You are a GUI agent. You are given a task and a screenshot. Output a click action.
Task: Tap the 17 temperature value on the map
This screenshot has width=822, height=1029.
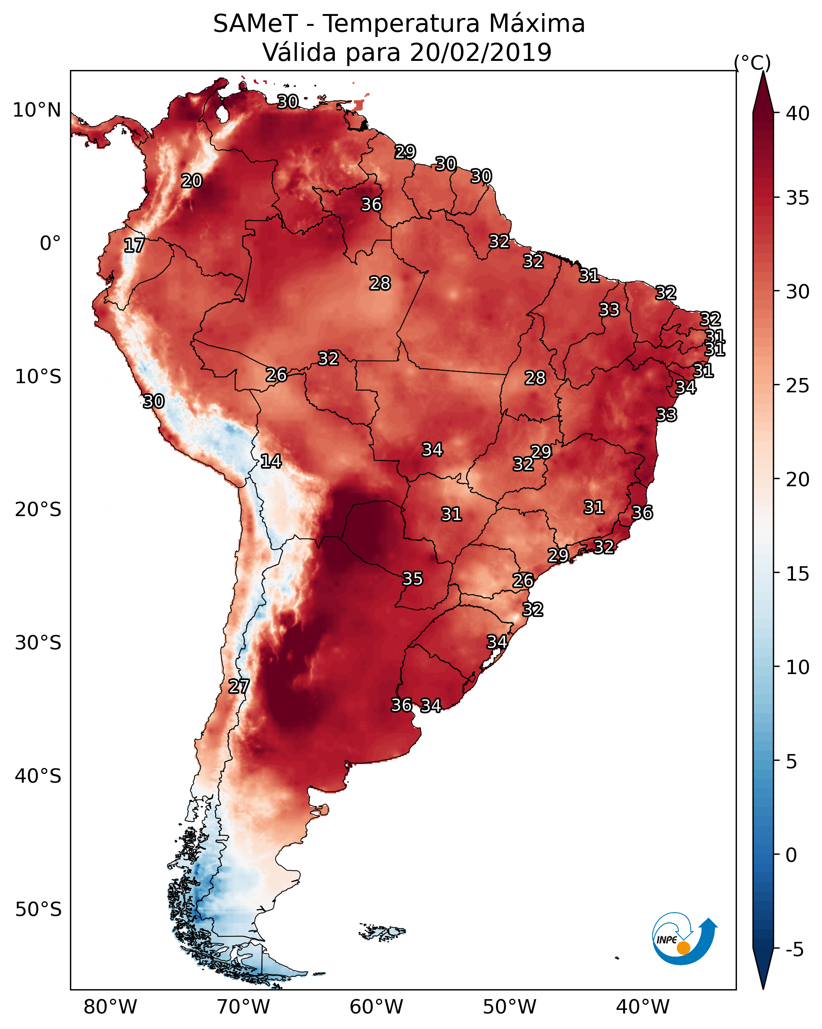tap(134, 246)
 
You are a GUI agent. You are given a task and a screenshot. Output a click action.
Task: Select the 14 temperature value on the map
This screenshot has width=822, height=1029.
tap(270, 461)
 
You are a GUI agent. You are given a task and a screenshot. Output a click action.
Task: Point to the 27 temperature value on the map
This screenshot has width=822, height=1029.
tap(239, 686)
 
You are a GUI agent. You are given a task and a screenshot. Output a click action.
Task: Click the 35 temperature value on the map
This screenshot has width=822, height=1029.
tap(412, 579)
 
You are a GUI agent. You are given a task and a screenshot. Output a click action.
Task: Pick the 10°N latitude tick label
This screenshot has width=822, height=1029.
tap(37, 110)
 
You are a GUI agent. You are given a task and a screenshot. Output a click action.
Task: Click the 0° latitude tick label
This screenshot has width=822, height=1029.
tap(50, 244)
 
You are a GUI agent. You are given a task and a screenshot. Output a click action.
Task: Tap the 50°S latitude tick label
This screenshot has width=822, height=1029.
tap(38, 910)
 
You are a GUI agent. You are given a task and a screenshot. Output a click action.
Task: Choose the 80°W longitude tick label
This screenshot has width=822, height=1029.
tap(110, 1007)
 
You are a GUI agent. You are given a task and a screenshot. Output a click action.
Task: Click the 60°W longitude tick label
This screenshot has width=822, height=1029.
tap(377, 1007)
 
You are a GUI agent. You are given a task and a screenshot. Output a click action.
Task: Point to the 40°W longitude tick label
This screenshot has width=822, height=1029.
tap(643, 1007)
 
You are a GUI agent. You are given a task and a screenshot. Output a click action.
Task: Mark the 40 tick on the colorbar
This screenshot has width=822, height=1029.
tap(797, 113)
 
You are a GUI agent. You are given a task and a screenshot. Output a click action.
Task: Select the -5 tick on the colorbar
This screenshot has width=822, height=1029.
tap(794, 950)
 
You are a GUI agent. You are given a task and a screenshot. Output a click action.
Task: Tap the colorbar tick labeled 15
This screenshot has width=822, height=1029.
tap(797, 574)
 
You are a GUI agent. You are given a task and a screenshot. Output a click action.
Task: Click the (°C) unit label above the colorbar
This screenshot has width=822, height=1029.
tap(752, 62)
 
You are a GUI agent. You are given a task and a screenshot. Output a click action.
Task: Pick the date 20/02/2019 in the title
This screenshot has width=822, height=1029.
tap(480, 53)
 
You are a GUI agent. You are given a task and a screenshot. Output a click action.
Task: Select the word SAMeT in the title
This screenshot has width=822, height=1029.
tap(255, 24)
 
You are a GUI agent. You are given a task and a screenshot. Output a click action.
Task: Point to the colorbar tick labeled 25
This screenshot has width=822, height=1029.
tap(797, 386)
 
